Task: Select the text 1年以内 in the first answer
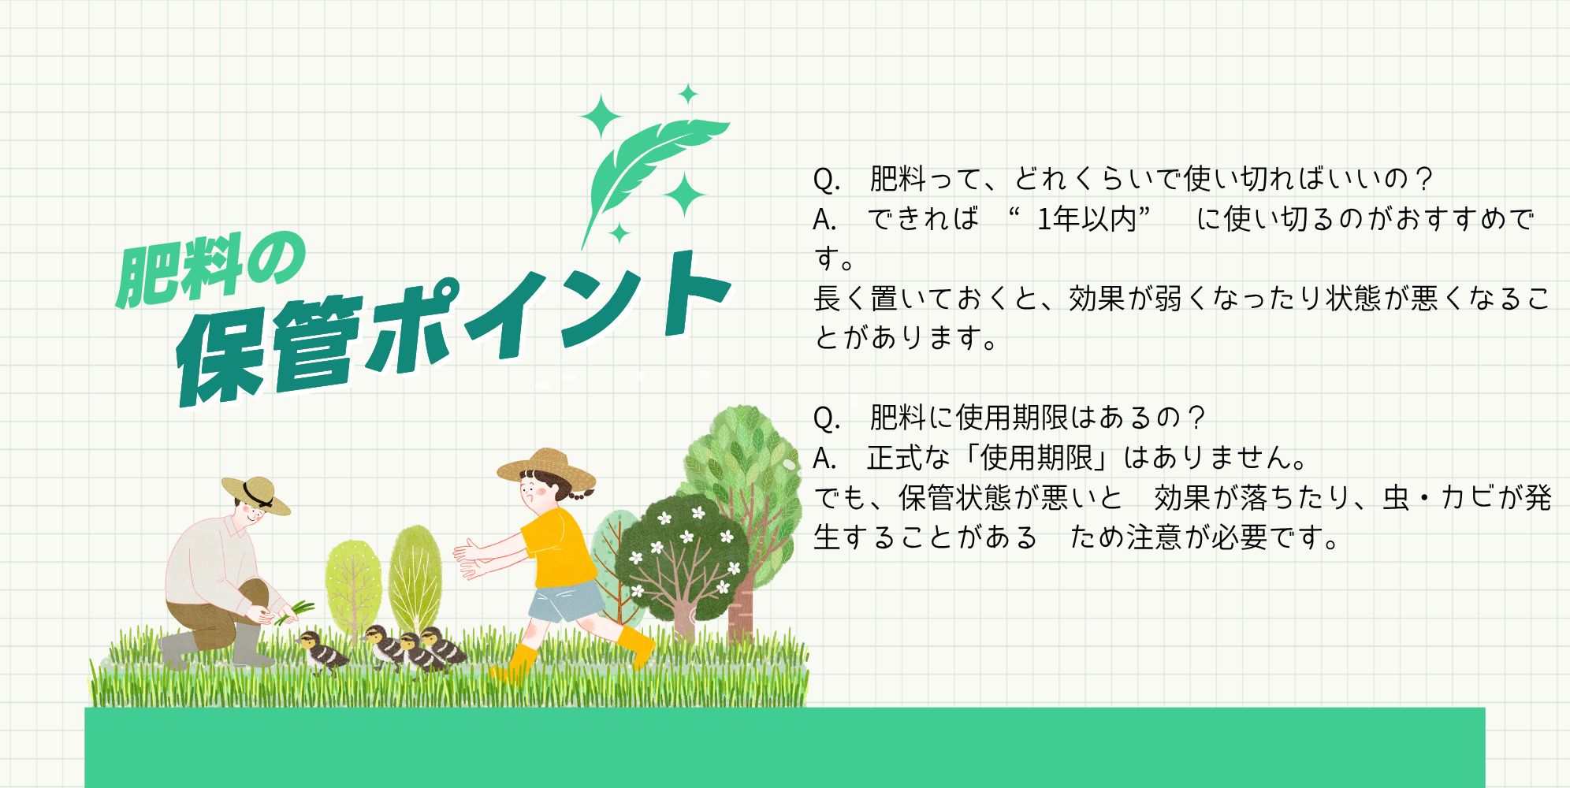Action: point(1087,218)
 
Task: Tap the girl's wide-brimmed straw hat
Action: point(546,466)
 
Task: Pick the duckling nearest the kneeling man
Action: point(322,651)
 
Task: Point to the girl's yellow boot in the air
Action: point(638,645)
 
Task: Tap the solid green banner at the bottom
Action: point(784,747)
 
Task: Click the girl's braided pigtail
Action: point(583,493)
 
